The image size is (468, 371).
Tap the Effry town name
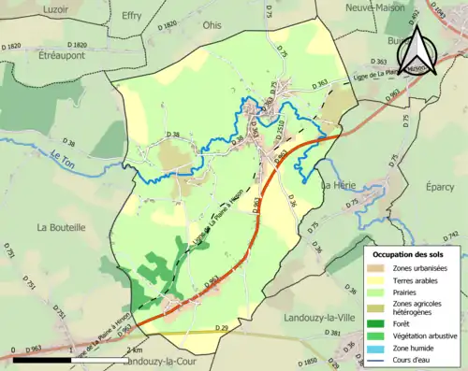(131, 16)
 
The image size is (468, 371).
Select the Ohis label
(212, 25)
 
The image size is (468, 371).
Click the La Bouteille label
(61, 227)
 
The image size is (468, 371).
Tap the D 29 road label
(221, 328)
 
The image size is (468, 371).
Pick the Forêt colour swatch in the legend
(380, 316)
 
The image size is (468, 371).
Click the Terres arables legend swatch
(380, 279)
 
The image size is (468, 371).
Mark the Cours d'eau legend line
(380, 357)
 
